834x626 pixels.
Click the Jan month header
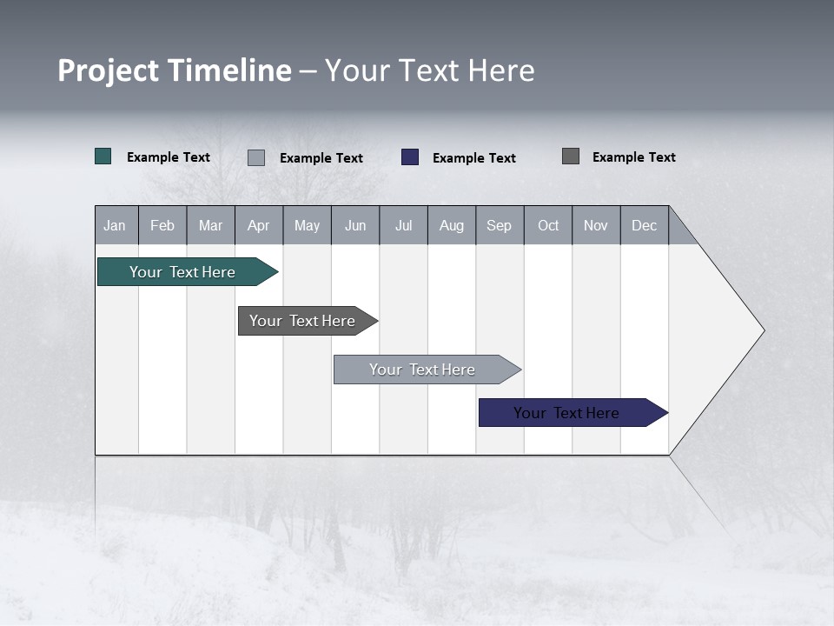click(x=115, y=226)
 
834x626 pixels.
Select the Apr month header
click(x=258, y=226)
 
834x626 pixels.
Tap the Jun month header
click(x=354, y=226)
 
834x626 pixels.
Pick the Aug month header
click(x=451, y=226)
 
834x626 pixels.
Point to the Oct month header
click(x=547, y=226)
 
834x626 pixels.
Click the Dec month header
click(x=644, y=226)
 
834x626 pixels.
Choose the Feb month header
click(x=162, y=226)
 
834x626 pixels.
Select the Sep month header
click(x=499, y=226)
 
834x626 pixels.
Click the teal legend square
click(x=103, y=156)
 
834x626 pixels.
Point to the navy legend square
click(x=410, y=157)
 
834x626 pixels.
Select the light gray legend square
click(x=256, y=157)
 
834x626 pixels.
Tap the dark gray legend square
click(x=571, y=156)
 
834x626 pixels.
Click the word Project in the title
click(x=109, y=70)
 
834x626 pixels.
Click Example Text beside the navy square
click(x=473, y=158)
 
